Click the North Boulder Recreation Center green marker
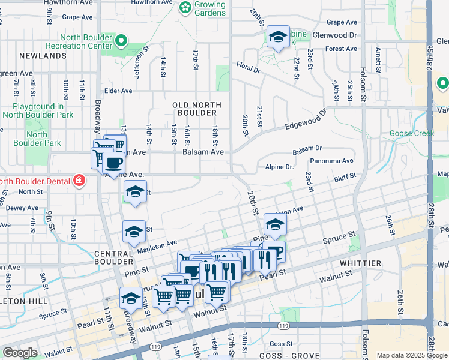coord(121,41)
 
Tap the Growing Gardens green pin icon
coord(185,8)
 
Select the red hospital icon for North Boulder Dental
coord(78,180)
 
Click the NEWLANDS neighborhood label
coord(43,56)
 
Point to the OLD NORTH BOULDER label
coord(197,109)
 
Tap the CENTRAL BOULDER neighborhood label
coord(113,257)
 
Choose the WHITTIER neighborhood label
coord(360,263)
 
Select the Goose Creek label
coord(411,133)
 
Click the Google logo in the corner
coord(20,353)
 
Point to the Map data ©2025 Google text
coord(410,355)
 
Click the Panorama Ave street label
coord(331,161)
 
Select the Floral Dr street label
coord(248,67)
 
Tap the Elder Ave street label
coord(118,91)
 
